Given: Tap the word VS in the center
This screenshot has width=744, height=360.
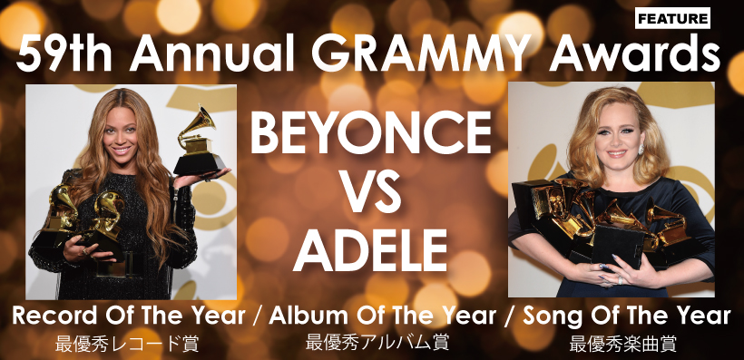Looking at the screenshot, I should [372, 189].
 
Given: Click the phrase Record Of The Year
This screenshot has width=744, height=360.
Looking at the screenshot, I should [129, 316].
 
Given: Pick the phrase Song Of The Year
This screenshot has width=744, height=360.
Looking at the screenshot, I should [624, 316].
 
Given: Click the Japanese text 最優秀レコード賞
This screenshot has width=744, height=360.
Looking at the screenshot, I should [127, 344].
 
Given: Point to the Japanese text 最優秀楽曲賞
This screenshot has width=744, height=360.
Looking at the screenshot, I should [623, 344].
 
